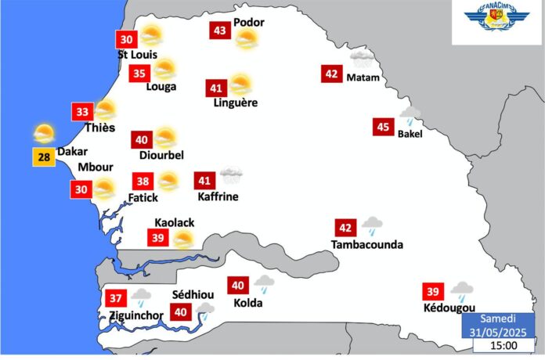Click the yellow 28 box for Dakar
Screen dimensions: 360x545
[44, 157]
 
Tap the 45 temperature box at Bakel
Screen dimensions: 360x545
[383, 128]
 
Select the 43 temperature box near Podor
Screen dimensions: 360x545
[220, 31]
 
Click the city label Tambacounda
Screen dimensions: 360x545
[367, 245]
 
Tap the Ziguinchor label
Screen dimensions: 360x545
[136, 315]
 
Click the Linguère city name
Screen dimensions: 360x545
[235, 103]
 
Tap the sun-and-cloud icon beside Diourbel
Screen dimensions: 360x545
[165, 139]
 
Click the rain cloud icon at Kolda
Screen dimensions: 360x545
[263, 283]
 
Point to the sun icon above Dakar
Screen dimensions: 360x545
[44, 132]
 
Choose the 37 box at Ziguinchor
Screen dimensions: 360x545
[116, 298]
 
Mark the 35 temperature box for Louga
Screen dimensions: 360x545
[139, 74]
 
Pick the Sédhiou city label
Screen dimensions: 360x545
[189, 295]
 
